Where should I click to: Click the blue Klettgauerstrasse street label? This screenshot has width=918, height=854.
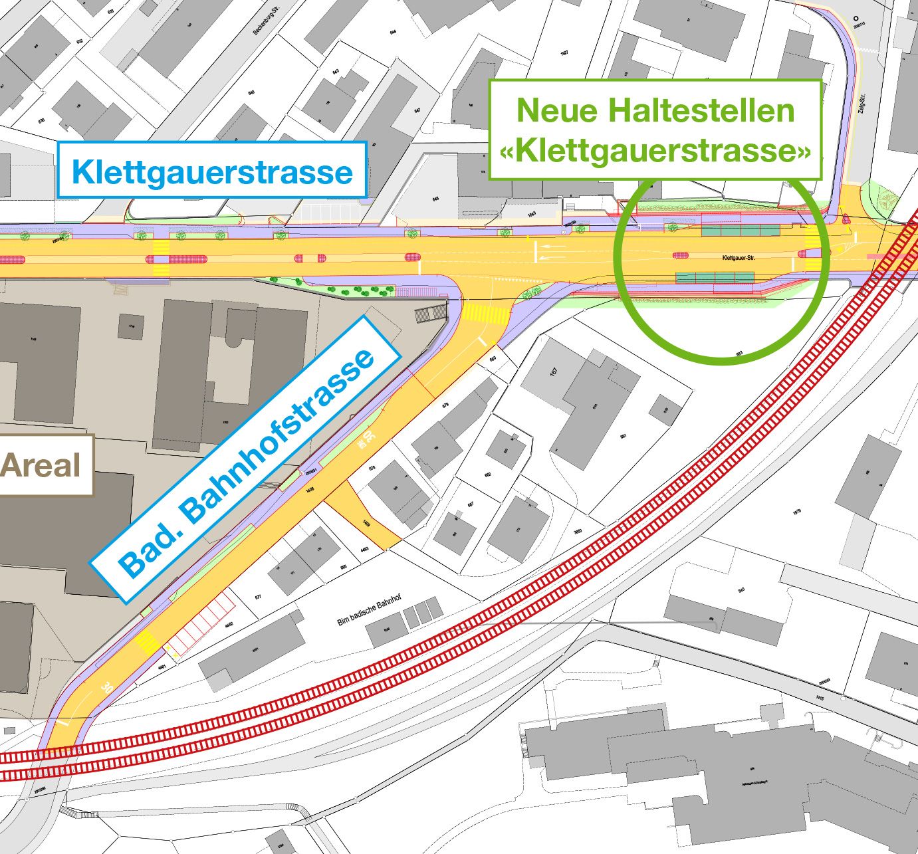tap(212, 171)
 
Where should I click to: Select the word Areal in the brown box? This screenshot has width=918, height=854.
tap(41, 465)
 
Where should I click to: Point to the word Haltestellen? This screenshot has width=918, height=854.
tap(703, 110)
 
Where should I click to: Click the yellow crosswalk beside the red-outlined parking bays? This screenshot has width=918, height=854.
tap(147, 643)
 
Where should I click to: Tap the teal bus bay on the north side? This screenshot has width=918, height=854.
tap(741, 230)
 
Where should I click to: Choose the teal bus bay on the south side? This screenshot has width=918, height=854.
tap(715, 276)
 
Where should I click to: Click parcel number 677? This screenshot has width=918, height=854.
tap(259, 597)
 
